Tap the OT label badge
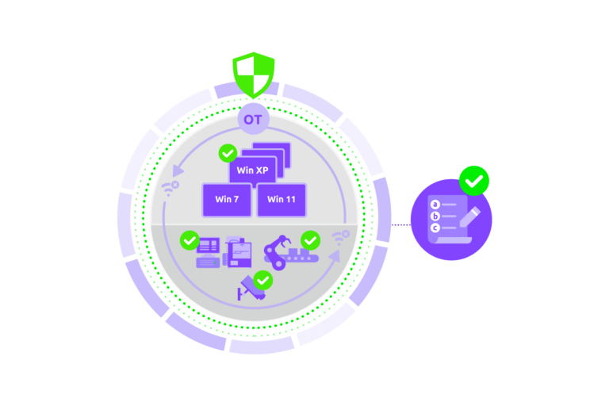click(254, 121)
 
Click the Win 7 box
click(227, 199)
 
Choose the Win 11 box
click(281, 199)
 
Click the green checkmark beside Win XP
click(228, 152)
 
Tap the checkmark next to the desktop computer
click(190, 239)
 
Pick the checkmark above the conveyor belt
click(310, 239)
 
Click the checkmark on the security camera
click(262, 279)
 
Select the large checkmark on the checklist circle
click(474, 181)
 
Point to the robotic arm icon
click(277, 251)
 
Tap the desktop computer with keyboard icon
click(208, 253)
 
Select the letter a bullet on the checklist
click(435, 205)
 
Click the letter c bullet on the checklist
click(435, 228)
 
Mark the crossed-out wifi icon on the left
click(169, 188)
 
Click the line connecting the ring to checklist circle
click(400, 224)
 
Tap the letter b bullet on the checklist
click(435, 216)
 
